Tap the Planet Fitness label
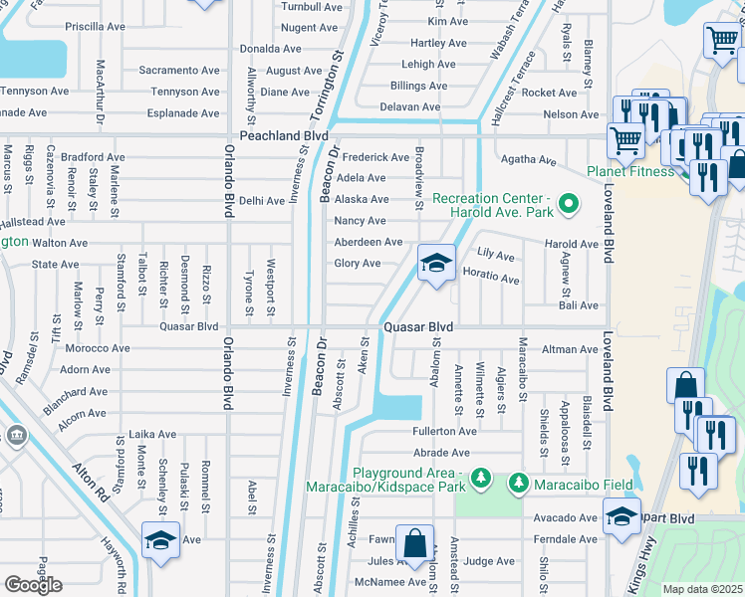click(x=630, y=170)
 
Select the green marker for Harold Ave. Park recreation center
click(x=569, y=206)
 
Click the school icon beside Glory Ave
click(x=435, y=264)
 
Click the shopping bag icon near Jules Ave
click(x=413, y=544)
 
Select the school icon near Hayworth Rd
click(x=160, y=540)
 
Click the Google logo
click(x=33, y=585)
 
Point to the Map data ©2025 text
click(x=702, y=589)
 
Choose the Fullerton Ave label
click(x=445, y=432)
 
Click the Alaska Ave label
click(x=361, y=199)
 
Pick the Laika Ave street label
click(x=151, y=434)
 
